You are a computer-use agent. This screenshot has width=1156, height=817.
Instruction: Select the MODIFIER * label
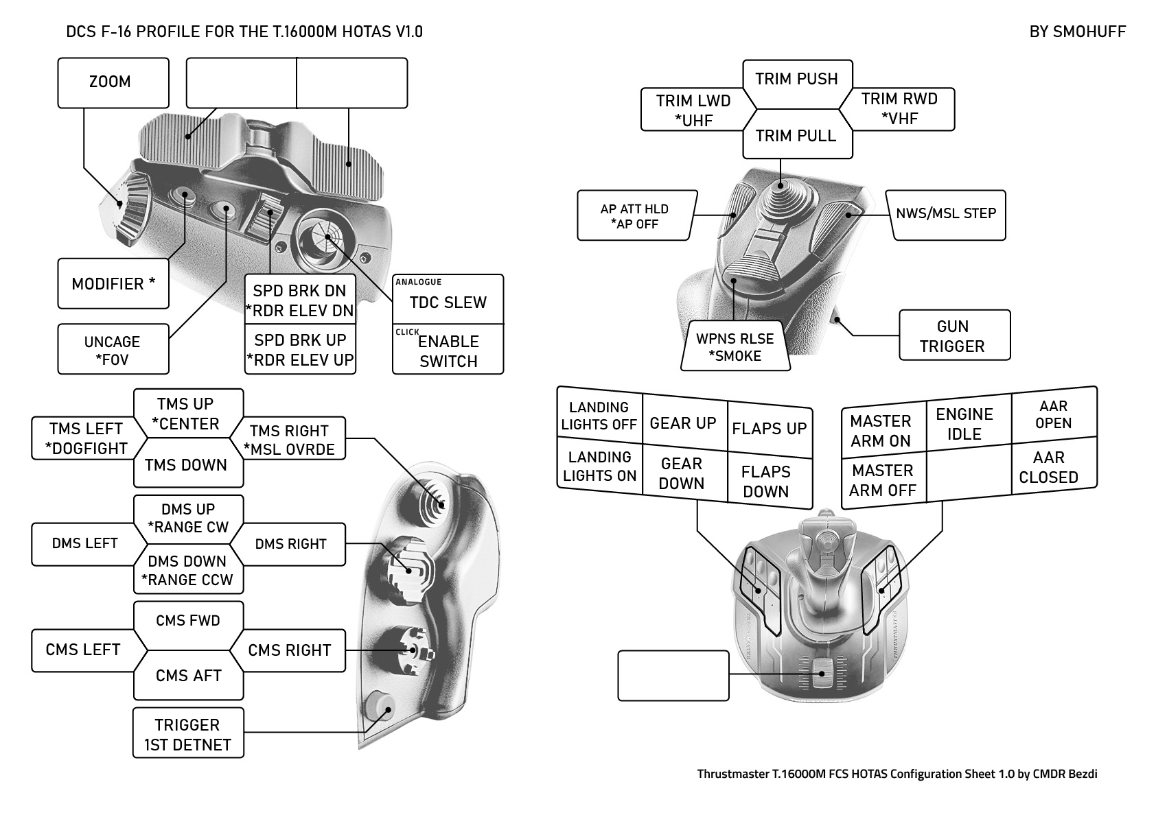click(x=113, y=283)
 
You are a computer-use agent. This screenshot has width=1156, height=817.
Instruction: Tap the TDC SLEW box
click(x=448, y=303)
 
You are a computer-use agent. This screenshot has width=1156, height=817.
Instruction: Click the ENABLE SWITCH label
click(x=448, y=351)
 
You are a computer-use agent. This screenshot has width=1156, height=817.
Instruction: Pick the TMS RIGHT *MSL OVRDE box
click(x=289, y=440)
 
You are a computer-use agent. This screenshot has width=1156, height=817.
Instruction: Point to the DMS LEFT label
click(x=84, y=543)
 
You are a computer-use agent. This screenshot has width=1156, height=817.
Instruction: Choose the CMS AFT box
click(x=188, y=676)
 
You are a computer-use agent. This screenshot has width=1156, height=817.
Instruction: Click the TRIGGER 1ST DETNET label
click(x=187, y=734)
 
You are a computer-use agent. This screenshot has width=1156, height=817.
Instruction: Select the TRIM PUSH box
click(x=796, y=79)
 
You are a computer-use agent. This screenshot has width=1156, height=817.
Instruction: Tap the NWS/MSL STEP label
click(x=946, y=213)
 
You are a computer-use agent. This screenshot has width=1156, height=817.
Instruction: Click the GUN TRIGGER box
click(x=953, y=335)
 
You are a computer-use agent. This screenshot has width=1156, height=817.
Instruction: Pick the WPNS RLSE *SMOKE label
click(x=735, y=347)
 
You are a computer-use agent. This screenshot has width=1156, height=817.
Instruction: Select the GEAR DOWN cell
click(x=682, y=473)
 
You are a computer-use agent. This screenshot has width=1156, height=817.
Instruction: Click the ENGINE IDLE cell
click(x=964, y=424)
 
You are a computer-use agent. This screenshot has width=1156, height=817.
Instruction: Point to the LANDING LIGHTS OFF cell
click(x=599, y=416)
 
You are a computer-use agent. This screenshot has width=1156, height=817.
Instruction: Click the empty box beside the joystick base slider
click(x=673, y=676)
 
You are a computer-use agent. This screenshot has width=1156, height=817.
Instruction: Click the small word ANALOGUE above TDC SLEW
click(x=419, y=282)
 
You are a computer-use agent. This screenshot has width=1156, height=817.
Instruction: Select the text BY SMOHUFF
click(x=1077, y=32)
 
